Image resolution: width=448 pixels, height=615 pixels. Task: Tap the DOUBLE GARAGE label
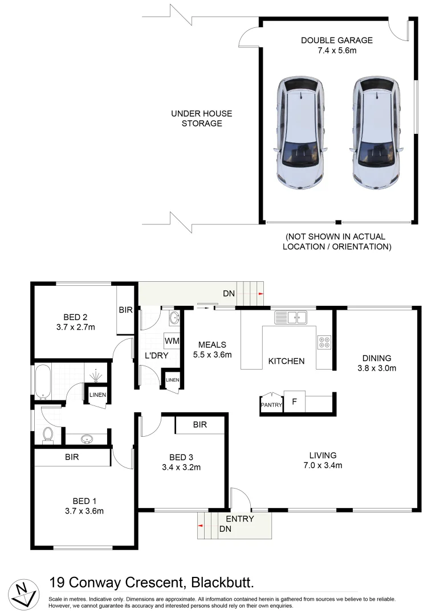coord(336,40)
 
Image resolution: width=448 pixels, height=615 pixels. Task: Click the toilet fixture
coord(48,434)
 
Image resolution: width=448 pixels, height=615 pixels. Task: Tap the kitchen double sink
coord(291,317)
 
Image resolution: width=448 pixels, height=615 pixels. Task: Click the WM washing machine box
coord(172,341)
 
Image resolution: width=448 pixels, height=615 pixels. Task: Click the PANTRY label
coord(271,405)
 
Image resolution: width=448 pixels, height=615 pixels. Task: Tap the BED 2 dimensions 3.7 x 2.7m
coord(75,327)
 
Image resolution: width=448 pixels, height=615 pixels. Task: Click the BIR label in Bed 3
coord(199,425)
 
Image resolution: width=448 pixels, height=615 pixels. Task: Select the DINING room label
coord(377,358)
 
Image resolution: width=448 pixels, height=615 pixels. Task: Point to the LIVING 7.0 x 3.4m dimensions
coord(323,465)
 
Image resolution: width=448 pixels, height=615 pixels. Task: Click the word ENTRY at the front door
coord(239,519)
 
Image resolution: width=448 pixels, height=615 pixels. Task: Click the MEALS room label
coord(212,345)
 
